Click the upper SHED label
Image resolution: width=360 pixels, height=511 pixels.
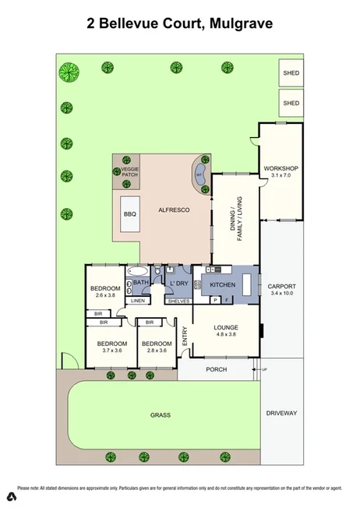tap(291, 74)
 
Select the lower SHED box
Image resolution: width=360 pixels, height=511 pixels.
tap(291, 102)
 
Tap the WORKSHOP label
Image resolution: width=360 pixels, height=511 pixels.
tap(281, 169)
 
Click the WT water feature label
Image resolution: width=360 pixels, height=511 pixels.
tap(199, 174)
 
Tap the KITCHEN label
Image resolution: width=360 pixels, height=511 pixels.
tap(222, 284)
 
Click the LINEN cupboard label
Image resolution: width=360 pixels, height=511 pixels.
tap(137, 300)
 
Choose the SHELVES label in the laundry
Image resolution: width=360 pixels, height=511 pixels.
tap(178, 300)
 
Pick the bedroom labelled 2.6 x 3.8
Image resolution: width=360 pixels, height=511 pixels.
tap(104, 295)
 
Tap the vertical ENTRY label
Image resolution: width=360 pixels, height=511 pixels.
tap(185, 336)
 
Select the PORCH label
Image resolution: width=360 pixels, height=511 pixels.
tap(216, 369)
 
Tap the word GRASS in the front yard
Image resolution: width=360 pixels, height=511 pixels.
tap(161, 415)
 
